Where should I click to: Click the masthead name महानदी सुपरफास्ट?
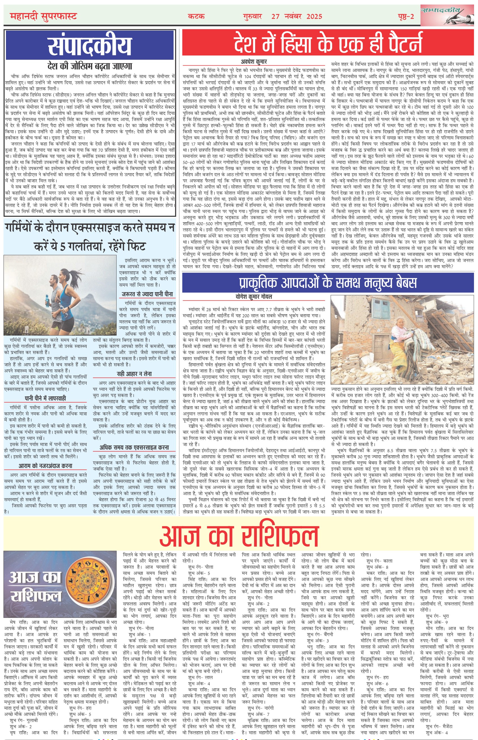[x=43, y=16]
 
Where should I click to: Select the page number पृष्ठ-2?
[x=406, y=16]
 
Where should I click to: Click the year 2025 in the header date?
[x=314, y=16]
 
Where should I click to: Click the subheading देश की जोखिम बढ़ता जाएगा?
[x=90, y=66]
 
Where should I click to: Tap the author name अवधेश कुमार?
[x=254, y=62]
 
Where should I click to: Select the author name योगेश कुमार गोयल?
[x=254, y=297]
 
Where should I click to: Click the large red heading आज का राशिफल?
[x=239, y=534]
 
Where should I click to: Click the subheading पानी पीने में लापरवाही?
[x=45, y=398]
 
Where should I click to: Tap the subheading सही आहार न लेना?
[x=135, y=374]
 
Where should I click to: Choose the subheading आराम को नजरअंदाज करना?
[x=45, y=466]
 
